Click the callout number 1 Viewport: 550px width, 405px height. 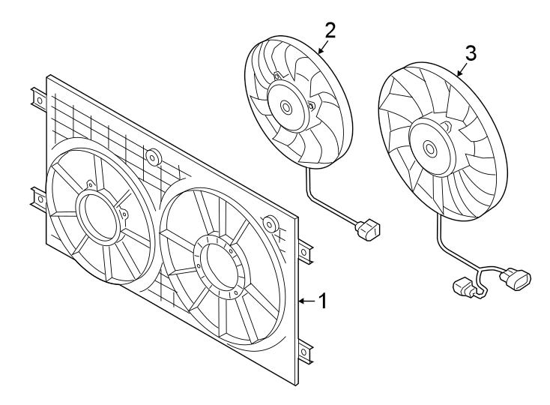pyautogui.click(x=322, y=301)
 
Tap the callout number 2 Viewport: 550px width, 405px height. pyautogui.click(x=330, y=30)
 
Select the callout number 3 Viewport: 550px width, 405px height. pyautogui.click(x=470, y=52)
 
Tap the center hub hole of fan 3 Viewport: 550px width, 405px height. pyautogui.click(x=430, y=148)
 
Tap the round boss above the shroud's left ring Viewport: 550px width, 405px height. pyautogui.click(x=154, y=157)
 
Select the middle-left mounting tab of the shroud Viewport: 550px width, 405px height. pyautogui.click(x=37, y=198)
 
